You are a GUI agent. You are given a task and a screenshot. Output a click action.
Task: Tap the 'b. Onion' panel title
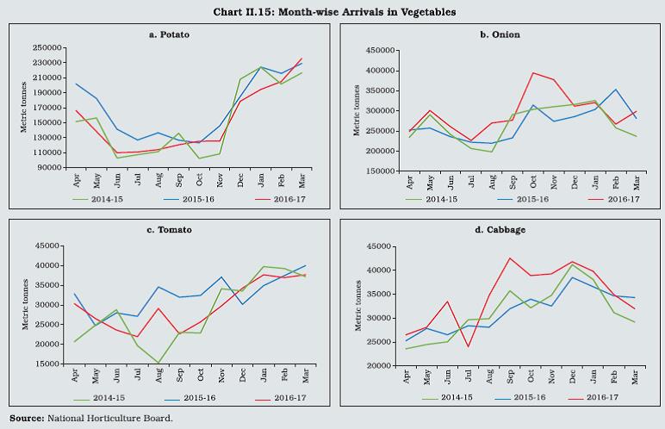pyautogui.click(x=500, y=34)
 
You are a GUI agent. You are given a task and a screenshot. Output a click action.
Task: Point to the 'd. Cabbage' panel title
pyautogui.click(x=500, y=229)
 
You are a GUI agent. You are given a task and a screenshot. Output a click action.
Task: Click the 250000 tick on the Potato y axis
pyautogui.click(x=49, y=48)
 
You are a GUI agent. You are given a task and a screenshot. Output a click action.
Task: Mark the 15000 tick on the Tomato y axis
pyautogui.click(x=53, y=364)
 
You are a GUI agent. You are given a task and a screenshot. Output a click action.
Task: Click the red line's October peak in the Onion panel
pyautogui.click(x=534, y=72)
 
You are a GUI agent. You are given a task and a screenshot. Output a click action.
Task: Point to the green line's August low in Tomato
pyautogui.click(x=158, y=364)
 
